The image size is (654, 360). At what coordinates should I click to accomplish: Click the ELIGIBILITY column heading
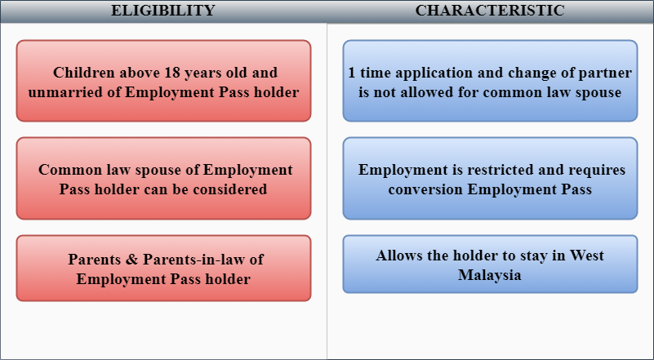[163, 11]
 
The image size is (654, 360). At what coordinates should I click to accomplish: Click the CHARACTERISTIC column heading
[490, 11]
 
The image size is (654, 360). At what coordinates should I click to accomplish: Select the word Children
[84, 73]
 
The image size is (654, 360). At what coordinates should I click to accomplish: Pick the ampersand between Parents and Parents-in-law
[131, 260]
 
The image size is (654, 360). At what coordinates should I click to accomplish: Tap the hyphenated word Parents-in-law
[191, 260]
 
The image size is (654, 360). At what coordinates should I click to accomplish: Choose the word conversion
[426, 190]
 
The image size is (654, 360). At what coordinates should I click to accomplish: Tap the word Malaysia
[490, 275]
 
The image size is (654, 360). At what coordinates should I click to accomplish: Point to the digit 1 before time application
[352, 73]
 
